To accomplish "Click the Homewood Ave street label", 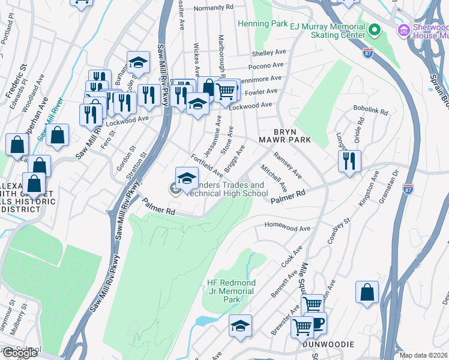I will click(x=288, y=228).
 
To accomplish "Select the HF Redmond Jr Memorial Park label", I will click(x=231, y=290).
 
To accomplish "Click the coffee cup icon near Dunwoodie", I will click(x=317, y=323).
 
